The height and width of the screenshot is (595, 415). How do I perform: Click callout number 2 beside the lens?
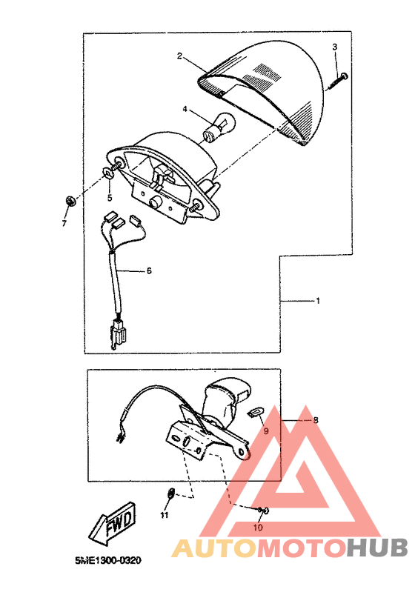tap(179, 56)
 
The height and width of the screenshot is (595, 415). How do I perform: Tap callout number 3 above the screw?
tap(334, 47)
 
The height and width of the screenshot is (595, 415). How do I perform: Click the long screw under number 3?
tap(336, 82)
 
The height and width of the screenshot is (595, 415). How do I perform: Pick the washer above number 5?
tap(109, 173)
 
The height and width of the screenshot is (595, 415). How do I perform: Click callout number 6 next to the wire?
tap(149, 270)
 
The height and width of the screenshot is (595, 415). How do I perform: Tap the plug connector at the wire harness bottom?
tap(118, 333)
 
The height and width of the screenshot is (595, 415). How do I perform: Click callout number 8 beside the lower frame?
tap(316, 420)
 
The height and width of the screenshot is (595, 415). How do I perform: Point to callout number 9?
tap(266, 431)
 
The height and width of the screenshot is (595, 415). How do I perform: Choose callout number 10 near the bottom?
tap(258, 527)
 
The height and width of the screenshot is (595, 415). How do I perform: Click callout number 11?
tap(164, 515)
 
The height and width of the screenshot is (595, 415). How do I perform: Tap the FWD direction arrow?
tap(113, 522)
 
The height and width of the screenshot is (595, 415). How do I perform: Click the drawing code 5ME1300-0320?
tap(108, 560)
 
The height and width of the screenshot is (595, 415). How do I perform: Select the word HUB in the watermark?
tap(376, 548)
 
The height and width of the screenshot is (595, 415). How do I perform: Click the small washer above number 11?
tap(171, 493)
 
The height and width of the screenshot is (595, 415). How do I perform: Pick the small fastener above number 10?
tap(263, 511)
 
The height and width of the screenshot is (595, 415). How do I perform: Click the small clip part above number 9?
tap(254, 411)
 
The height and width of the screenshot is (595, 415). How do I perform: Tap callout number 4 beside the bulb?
tap(185, 109)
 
